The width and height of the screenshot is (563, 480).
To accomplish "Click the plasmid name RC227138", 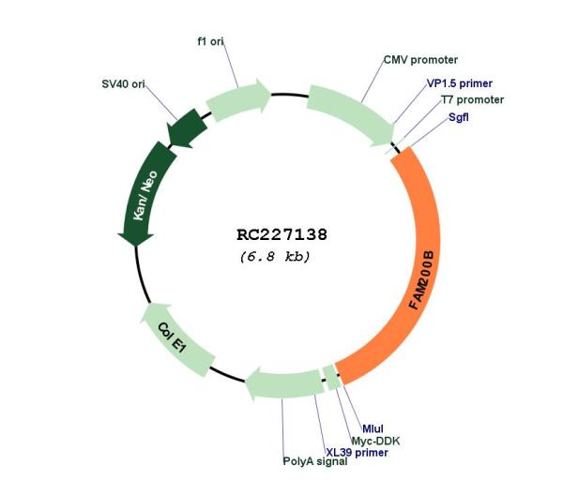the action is point(281,235).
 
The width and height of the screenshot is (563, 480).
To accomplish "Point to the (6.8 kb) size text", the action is point(275,257).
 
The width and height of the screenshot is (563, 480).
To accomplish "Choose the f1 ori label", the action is point(211,41).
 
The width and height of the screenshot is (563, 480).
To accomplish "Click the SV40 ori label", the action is point(123,84).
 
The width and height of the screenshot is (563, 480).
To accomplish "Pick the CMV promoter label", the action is point(420,60).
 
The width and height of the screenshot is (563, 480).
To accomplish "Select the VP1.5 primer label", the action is point(459,83).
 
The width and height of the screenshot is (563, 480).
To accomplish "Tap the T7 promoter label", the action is point(472,99).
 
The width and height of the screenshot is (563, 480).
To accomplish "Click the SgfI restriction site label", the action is point(459,117).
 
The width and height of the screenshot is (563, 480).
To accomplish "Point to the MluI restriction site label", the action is point(373,428).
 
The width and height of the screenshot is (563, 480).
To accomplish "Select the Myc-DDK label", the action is point(375,441).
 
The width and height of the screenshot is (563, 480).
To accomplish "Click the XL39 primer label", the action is point(357,453).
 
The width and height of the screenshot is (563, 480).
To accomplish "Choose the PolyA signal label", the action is point(315,461).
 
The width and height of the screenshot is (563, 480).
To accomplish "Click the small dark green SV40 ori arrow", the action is point(188,128).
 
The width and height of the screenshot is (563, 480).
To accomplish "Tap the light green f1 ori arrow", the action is point(238,97).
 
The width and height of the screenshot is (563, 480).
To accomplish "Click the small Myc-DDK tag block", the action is point(332,378).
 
